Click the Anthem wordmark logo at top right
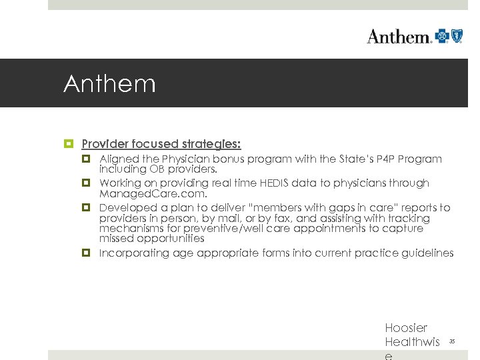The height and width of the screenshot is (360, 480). tap(399, 36)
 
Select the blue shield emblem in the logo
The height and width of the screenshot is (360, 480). tap(457, 35)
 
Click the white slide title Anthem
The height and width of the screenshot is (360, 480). tap(109, 85)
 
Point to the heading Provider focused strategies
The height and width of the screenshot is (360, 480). tap(161, 144)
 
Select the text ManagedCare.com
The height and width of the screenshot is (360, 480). tap(153, 194)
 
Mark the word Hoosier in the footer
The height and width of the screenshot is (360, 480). tap(406, 328)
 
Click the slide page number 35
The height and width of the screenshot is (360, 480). tap(452, 341)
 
